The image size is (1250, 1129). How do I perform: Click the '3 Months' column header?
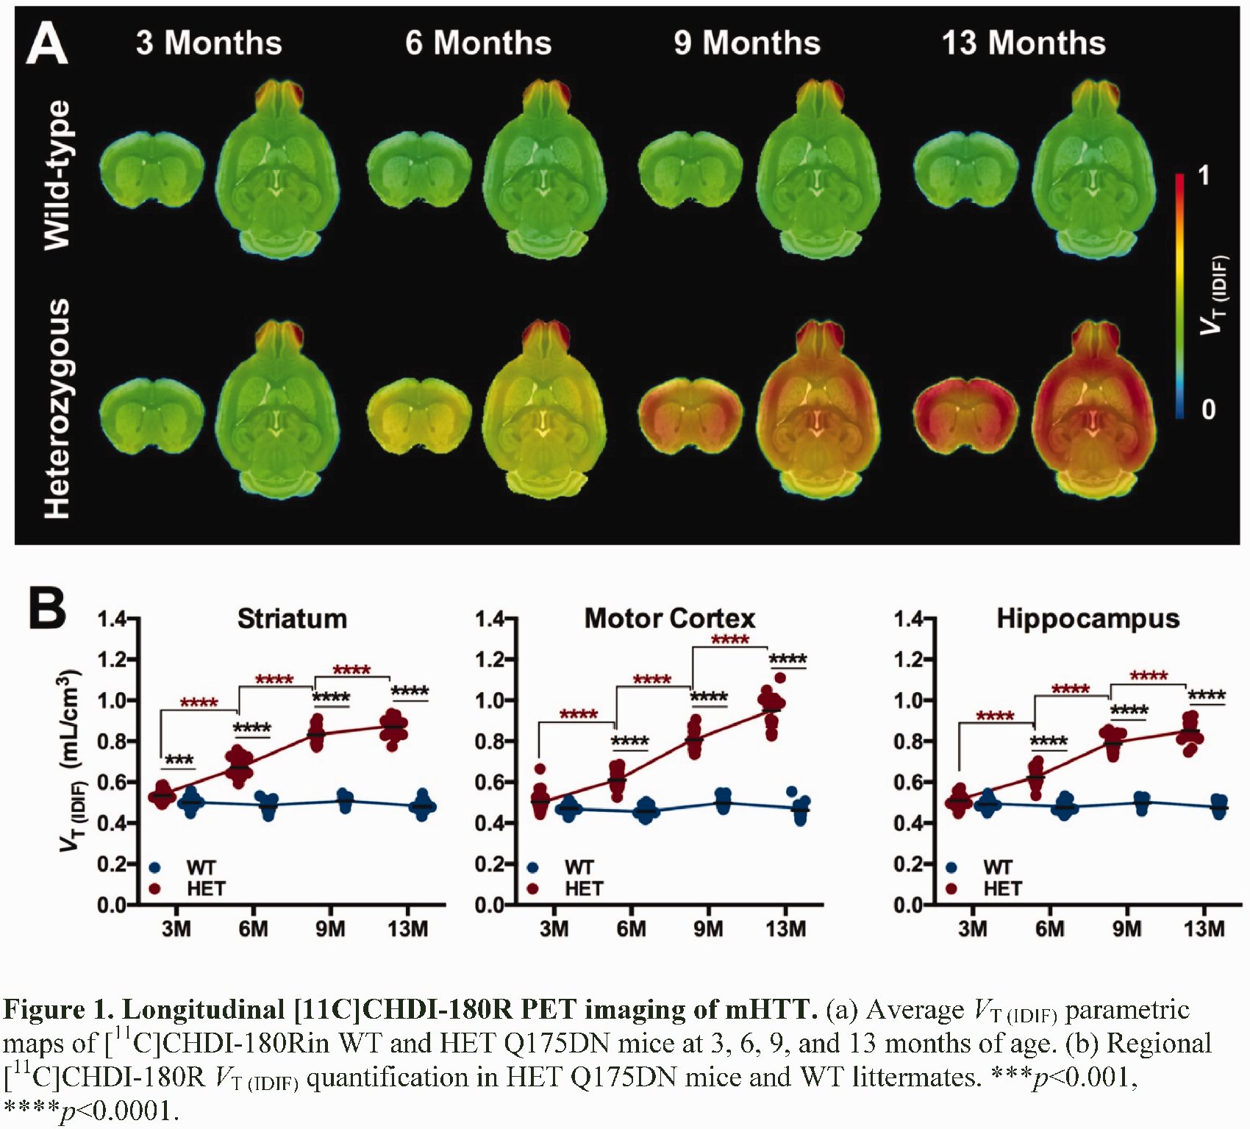(209, 43)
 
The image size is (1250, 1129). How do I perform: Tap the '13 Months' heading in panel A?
(1024, 43)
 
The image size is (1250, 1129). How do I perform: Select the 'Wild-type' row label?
(57, 175)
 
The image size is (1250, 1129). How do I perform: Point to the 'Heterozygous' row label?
(57, 408)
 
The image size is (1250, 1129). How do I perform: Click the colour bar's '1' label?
(1203, 176)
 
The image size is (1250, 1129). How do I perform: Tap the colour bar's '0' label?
(1208, 409)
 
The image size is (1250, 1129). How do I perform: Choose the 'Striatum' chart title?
(292, 619)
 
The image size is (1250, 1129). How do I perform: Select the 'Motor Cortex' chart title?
(670, 619)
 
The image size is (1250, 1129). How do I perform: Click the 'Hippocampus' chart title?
(1088, 619)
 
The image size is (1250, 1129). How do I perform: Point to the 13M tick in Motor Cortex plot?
(785, 929)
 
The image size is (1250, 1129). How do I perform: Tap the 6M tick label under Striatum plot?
(253, 929)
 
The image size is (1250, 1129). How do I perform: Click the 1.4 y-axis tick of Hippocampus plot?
(909, 619)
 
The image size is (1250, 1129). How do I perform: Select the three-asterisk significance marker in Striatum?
(179, 760)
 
